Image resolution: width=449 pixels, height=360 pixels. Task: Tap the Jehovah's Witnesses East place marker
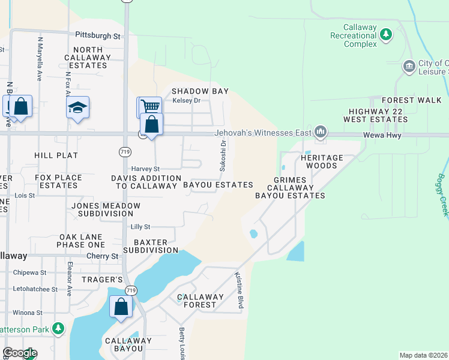321,131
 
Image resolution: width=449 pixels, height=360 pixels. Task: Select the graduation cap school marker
77,107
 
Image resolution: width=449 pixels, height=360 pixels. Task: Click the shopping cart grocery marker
150,107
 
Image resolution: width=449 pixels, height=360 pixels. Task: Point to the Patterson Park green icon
58,328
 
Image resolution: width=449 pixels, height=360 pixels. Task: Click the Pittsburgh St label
98,36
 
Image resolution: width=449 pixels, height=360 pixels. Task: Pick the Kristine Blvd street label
240,289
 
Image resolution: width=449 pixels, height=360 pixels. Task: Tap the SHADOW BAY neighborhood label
200,91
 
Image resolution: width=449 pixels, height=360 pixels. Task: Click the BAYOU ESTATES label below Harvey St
218,185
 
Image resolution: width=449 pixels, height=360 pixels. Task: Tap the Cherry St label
102,256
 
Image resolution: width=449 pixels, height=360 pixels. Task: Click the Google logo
20,353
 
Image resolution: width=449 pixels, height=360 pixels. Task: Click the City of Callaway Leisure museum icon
409,65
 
